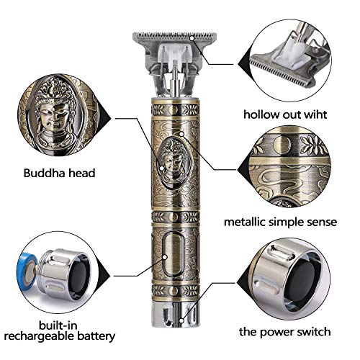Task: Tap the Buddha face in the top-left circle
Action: click(54, 112)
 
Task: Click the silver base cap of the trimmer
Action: click(172, 337)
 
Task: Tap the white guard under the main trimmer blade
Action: click(173, 51)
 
